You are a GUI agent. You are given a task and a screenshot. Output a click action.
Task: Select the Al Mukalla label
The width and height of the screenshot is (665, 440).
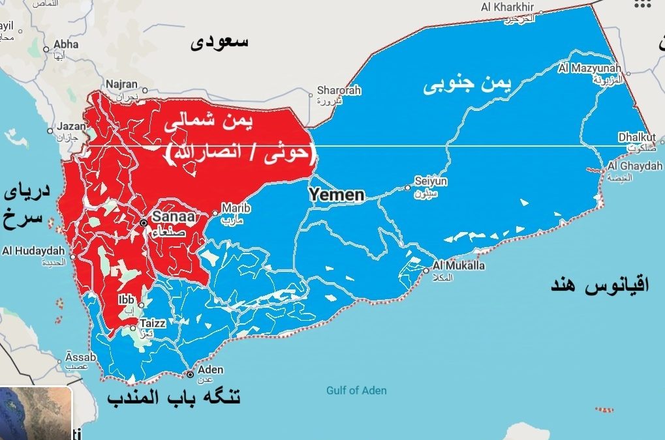pos(459,266)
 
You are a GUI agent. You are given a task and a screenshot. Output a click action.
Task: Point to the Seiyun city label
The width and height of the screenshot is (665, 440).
pos(431,182)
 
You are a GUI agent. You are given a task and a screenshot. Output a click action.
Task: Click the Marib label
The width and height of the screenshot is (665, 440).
pos(236,208)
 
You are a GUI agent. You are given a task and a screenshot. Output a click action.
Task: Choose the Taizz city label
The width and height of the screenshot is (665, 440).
pos(153,322)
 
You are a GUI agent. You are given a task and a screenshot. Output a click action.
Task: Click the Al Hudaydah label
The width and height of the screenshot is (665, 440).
pos(33,251)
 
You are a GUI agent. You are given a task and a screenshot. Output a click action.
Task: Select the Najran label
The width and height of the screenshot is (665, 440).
pos(121,84)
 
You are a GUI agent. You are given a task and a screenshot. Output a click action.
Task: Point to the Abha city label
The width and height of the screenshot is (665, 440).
pos(66,44)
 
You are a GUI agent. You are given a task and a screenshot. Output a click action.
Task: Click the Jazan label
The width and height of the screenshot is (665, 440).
pos(72,126)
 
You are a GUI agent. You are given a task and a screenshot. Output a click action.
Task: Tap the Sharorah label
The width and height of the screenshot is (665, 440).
pos(338,91)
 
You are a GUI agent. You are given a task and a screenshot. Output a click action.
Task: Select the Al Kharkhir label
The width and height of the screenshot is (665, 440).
pos(507,7)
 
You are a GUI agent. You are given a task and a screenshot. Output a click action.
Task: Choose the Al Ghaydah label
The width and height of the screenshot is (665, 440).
pos(634,166)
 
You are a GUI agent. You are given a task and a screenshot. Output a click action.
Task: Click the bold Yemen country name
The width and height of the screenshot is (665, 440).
pos(336,194)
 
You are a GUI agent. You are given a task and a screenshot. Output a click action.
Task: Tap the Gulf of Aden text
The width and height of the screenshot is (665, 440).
pos(356,390)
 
